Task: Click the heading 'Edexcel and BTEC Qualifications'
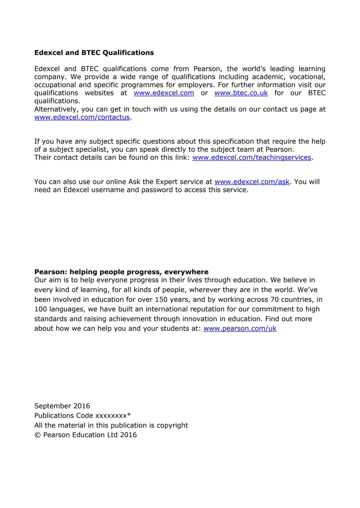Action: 94,53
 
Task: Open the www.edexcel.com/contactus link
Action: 82,117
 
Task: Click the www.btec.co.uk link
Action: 241,93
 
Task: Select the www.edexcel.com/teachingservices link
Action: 252,158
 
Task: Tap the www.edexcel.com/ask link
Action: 252,182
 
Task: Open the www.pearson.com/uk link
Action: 240,328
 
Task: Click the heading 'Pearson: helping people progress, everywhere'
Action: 121,272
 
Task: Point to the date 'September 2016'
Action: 62,406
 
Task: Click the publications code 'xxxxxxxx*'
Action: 113,416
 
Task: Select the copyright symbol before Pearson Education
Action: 37,435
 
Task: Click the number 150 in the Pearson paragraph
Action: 162,299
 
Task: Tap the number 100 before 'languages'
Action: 40,309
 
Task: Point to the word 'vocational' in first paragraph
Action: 307,77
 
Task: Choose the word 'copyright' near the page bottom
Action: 172,425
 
